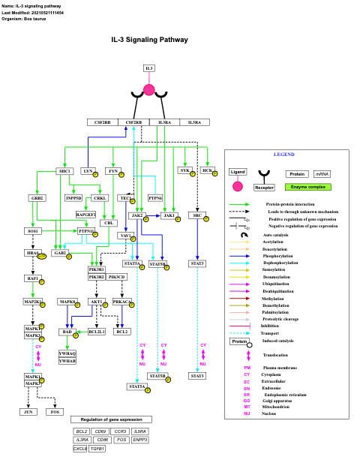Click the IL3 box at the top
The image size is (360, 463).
(149, 68)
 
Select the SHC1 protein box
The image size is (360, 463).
(65, 171)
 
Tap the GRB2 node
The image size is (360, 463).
(37, 198)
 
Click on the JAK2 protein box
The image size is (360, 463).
(136, 215)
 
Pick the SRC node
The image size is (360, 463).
(197, 215)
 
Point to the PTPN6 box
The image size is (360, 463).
(155, 198)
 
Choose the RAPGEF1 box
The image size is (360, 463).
(86, 215)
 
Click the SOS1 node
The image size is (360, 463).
(33, 231)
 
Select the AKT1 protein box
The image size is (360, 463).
(96, 302)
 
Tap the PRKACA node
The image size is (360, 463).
(121, 302)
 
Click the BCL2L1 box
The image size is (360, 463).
(96, 331)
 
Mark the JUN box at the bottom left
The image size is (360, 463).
(28, 411)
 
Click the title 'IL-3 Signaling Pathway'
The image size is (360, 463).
(150, 40)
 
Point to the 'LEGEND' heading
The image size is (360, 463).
(283, 155)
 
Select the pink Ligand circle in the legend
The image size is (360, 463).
(238, 186)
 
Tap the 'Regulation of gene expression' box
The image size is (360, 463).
(111, 419)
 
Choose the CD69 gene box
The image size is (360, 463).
(100, 431)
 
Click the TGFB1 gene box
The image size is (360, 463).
(97, 449)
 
